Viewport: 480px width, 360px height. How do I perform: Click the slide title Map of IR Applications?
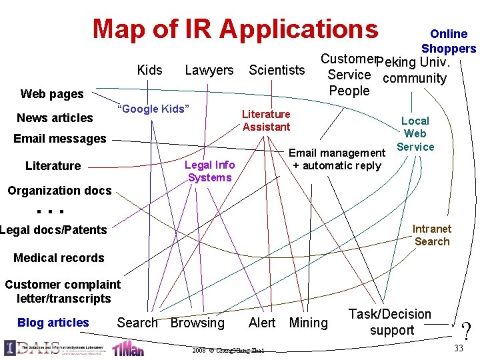pos(235,29)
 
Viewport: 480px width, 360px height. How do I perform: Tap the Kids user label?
pos(149,70)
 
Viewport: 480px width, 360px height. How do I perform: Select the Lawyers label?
pos(209,70)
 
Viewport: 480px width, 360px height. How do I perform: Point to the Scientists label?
pos(277,70)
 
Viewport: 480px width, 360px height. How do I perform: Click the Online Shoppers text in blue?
pos(449,41)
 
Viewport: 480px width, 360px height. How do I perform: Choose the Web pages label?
pos(52,94)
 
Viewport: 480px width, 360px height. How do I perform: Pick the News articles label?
pos(55,118)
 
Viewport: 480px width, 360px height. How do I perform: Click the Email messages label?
pos(60,139)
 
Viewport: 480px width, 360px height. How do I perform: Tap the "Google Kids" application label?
pos(153,109)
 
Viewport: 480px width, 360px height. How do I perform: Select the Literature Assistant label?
pos(266,121)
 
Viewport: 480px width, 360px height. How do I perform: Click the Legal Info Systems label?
pos(209,171)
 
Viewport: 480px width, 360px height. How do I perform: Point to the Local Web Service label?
pos(415,134)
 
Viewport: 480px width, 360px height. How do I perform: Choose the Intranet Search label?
pos(432,235)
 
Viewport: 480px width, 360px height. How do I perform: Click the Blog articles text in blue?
pos(53,323)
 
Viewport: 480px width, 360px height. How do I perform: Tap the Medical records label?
pos(59,258)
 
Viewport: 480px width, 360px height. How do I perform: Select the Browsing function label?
pos(197,323)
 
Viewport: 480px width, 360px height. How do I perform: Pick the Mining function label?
pos(309,323)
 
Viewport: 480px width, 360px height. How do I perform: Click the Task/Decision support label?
pos(391,322)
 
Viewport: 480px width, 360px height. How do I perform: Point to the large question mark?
pos(465,331)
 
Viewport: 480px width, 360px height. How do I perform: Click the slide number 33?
pos(459,349)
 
